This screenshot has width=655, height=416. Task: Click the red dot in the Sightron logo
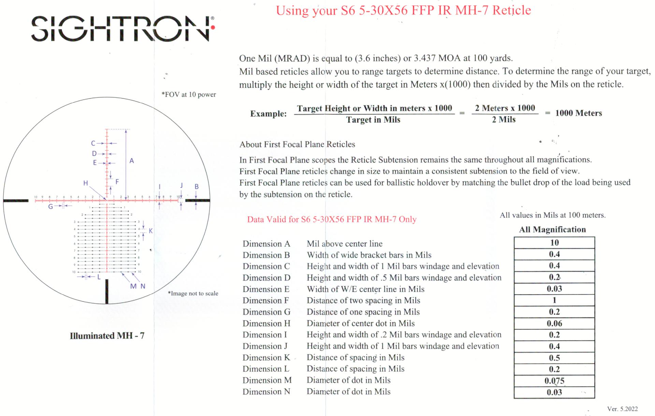click(x=213, y=27)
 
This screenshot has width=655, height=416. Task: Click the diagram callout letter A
click(x=132, y=161)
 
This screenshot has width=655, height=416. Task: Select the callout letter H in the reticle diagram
click(x=86, y=183)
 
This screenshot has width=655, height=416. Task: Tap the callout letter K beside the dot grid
click(x=151, y=231)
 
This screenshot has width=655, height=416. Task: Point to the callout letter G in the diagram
click(x=50, y=206)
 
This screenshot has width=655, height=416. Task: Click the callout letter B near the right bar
click(x=196, y=187)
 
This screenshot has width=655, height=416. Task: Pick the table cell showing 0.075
click(x=554, y=381)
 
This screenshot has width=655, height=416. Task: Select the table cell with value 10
click(x=554, y=243)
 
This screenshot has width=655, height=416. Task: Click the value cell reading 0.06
click(x=554, y=323)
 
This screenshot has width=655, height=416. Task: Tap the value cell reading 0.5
click(x=554, y=358)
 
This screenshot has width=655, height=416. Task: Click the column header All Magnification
click(x=552, y=229)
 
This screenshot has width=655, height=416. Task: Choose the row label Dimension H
click(x=266, y=323)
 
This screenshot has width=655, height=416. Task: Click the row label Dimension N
click(x=266, y=391)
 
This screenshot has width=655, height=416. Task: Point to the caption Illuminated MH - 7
click(x=107, y=336)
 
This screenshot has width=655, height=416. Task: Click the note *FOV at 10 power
click(x=189, y=95)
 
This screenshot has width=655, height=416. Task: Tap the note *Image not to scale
click(x=193, y=293)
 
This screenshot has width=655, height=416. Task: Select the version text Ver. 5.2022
click(x=622, y=409)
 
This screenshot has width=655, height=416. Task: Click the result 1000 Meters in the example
click(x=578, y=113)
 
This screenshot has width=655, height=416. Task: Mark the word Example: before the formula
click(x=268, y=114)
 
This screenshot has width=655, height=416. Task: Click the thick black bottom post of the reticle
click(x=107, y=291)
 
